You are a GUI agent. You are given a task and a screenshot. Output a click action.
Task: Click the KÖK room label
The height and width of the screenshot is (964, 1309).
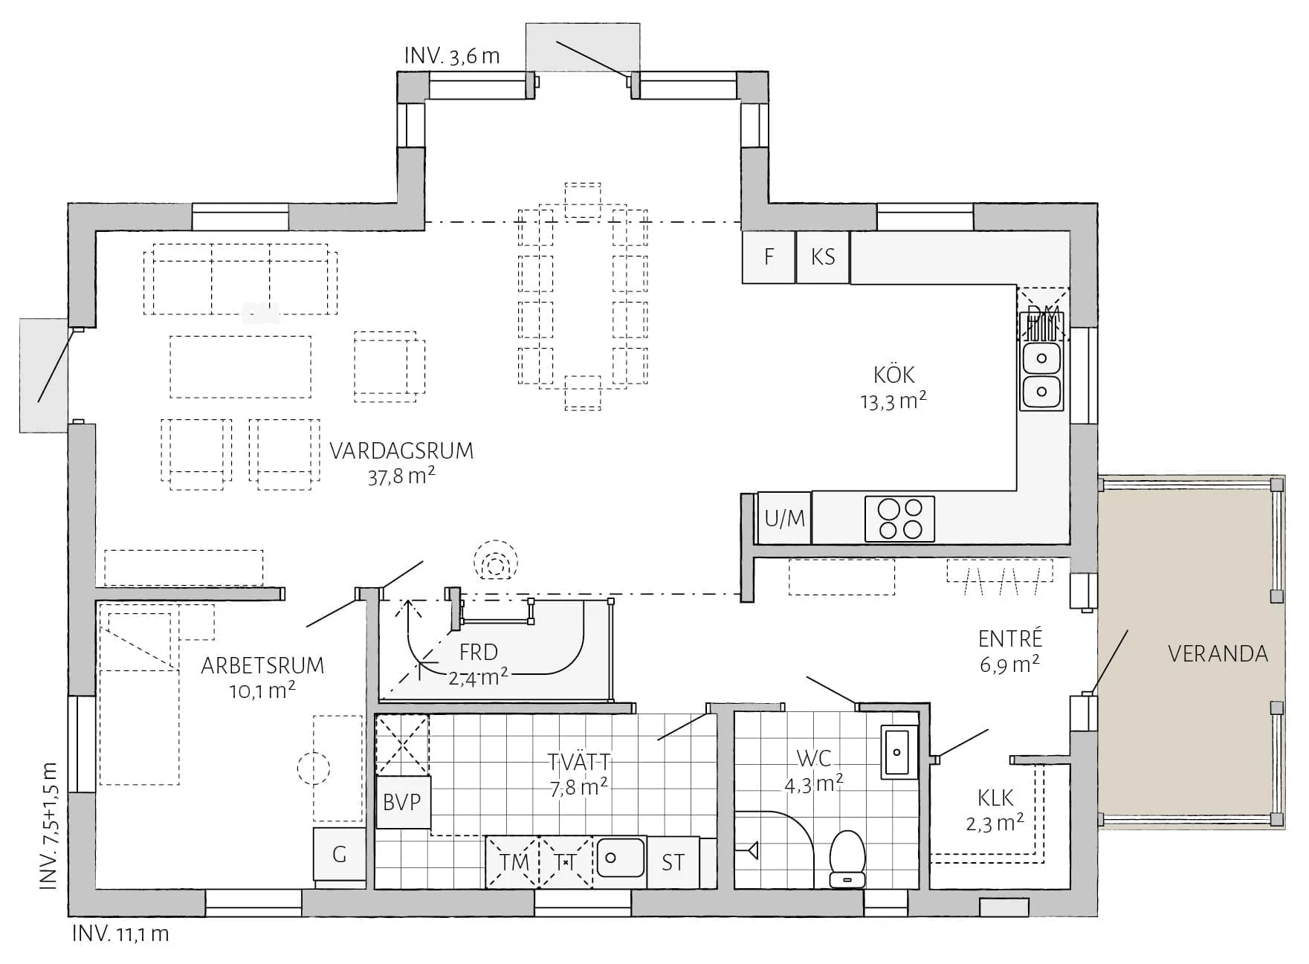pyautogui.click(x=893, y=375)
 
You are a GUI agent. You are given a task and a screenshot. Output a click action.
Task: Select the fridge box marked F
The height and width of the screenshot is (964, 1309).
pyautogui.click(x=769, y=257)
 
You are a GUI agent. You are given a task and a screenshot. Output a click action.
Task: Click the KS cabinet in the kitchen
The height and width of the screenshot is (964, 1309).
pyautogui.click(x=823, y=257)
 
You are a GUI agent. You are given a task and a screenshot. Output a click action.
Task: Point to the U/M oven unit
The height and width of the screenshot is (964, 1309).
pyautogui.click(x=784, y=517)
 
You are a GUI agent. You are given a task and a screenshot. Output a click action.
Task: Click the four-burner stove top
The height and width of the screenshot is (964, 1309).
pyautogui.click(x=899, y=518)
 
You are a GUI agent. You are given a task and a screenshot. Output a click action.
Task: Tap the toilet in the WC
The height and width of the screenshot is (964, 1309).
pyautogui.click(x=847, y=858)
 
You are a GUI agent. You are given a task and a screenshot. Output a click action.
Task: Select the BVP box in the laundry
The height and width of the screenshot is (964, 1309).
pyautogui.click(x=402, y=803)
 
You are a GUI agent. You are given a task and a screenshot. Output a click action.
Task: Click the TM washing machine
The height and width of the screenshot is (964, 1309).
pyautogui.click(x=513, y=862)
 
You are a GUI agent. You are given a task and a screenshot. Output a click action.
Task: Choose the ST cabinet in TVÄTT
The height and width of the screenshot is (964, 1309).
pyautogui.click(x=673, y=862)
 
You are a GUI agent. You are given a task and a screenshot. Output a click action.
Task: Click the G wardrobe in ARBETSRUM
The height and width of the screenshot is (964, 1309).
pyautogui.click(x=339, y=854)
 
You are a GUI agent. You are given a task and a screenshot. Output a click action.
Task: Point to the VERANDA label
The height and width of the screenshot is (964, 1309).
pyautogui.click(x=1218, y=654)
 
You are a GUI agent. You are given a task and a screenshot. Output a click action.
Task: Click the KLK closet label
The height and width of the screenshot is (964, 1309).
pyautogui.click(x=995, y=799)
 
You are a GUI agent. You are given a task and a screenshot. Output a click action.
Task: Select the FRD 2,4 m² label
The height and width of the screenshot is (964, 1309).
pyautogui.click(x=478, y=664)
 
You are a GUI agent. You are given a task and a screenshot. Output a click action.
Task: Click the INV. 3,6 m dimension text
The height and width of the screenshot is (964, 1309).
pyautogui.click(x=452, y=56)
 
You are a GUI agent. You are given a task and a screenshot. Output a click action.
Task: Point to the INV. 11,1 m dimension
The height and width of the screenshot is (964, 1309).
pyautogui.click(x=120, y=934)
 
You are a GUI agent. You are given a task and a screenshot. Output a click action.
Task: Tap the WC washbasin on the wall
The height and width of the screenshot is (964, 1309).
pyautogui.click(x=899, y=751)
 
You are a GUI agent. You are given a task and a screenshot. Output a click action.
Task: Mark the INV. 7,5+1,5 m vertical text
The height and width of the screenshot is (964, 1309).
pyautogui.click(x=48, y=825)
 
